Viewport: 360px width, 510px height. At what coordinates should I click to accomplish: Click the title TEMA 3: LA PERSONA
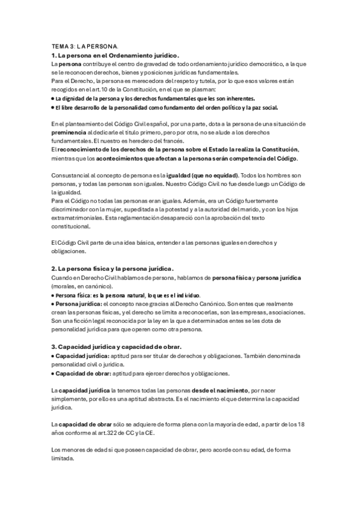tap(85, 46)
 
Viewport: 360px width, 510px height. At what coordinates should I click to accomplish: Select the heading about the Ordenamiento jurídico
tap(115, 55)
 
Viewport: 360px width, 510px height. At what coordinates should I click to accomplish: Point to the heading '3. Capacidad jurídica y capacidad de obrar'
tap(124, 347)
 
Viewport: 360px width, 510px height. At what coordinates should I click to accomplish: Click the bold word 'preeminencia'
tap(69, 131)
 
